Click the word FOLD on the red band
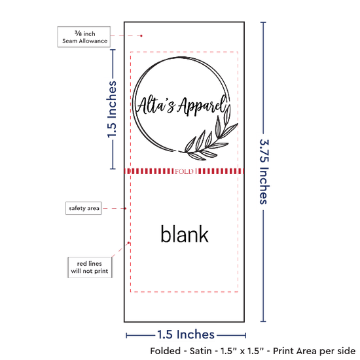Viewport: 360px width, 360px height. tap(184, 171)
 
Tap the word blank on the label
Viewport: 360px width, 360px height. tap(185, 234)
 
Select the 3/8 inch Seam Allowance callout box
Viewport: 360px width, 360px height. tap(84, 37)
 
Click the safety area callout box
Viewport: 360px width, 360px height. tap(84, 208)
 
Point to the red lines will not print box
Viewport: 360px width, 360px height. tap(90, 268)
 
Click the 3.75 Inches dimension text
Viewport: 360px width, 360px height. tap(264, 171)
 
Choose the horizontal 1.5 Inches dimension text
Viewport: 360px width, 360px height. tap(186, 334)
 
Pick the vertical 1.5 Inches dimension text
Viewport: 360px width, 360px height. tap(112, 109)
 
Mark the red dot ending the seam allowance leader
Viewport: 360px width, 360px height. tap(141, 36)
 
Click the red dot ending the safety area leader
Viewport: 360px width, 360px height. tap(126, 208)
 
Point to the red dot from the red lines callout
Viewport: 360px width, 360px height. tap(128, 243)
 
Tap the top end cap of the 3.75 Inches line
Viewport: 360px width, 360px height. tap(263, 22)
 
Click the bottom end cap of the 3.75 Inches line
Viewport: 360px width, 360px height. tap(263, 321)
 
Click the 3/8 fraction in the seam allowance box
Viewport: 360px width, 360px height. tap(78, 33)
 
